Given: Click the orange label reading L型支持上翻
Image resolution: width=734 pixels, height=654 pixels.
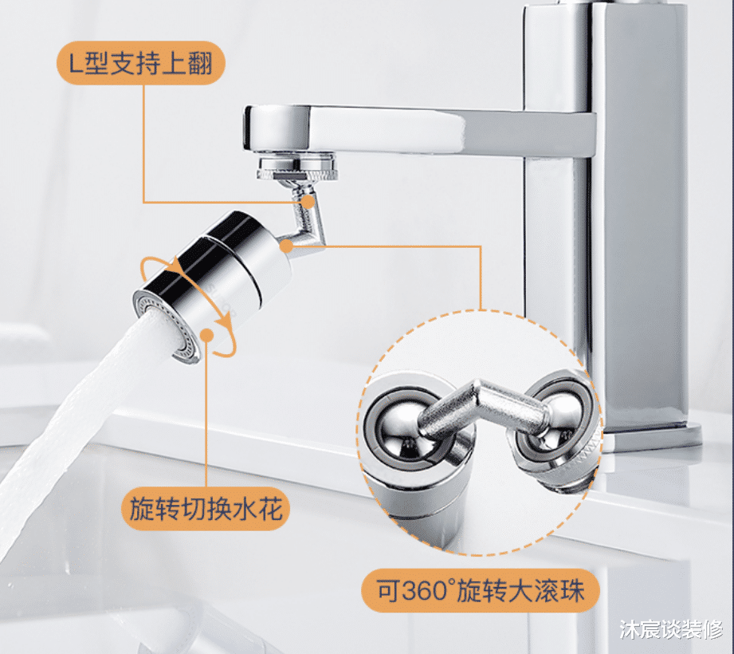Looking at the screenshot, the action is (x=141, y=63).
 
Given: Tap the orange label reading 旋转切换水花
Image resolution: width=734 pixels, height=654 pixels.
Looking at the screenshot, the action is (x=206, y=509).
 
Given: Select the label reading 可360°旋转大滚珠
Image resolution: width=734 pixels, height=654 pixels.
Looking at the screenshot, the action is (x=481, y=590).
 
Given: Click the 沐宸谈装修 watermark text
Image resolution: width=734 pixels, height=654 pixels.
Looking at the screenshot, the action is (x=671, y=629).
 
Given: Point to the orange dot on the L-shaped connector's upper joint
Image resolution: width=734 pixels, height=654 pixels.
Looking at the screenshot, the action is (x=308, y=202).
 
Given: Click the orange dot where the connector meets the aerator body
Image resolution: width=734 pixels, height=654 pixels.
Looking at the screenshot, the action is (x=286, y=246).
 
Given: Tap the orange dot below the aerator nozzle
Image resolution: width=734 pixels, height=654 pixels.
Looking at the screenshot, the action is (x=206, y=335).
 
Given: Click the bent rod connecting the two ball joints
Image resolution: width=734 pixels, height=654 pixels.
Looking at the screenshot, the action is (x=482, y=408).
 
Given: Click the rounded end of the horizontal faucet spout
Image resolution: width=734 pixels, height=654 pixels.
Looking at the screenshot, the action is (x=257, y=128).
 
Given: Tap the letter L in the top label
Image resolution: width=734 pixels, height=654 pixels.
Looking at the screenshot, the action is (x=76, y=63).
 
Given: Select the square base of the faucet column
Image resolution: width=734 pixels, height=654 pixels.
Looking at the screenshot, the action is (x=650, y=435).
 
